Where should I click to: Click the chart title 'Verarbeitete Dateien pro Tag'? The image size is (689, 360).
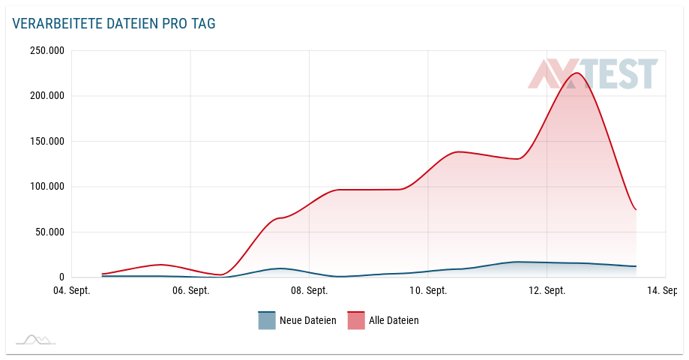(x=114, y=24)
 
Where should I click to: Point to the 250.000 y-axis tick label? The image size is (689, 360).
(x=46, y=51)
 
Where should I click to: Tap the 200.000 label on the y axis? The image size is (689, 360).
(x=46, y=96)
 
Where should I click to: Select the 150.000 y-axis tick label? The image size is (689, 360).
(x=46, y=141)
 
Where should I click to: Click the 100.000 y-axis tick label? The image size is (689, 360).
(x=46, y=187)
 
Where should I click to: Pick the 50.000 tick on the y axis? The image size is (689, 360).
(x=49, y=232)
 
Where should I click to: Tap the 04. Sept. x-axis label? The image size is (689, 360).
(x=71, y=291)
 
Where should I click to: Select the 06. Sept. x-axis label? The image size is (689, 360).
(x=190, y=291)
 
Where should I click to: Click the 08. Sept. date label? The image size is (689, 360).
(x=309, y=291)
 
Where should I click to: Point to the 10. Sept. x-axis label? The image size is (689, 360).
(x=427, y=291)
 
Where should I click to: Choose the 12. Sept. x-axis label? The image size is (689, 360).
(x=547, y=291)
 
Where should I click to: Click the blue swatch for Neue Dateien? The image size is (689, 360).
(x=267, y=320)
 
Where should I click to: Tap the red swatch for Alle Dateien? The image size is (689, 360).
(x=355, y=320)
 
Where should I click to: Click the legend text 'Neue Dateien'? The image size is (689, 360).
(x=307, y=320)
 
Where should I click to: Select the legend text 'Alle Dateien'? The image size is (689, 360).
(x=394, y=320)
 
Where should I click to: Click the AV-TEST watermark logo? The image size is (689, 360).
(x=592, y=74)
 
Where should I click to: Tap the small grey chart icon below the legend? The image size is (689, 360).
(x=36, y=340)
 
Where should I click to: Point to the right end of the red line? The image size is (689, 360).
(x=636, y=209)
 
